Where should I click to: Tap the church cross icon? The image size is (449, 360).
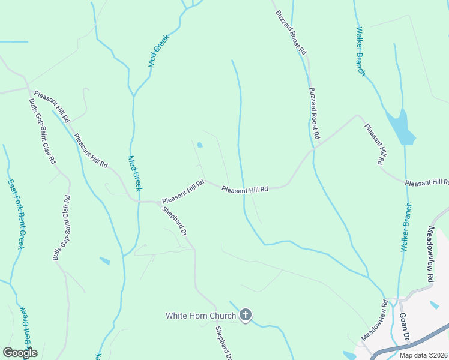245,314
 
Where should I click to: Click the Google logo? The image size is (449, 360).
20,353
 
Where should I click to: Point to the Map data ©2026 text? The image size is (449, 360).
423,355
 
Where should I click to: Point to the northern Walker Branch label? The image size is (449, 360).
361,51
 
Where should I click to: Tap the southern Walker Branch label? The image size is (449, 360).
406,227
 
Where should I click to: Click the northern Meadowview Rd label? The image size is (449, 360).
430,254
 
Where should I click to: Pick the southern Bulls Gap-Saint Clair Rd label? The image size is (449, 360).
61,228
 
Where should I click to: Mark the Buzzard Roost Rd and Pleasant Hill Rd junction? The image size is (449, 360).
314,147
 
